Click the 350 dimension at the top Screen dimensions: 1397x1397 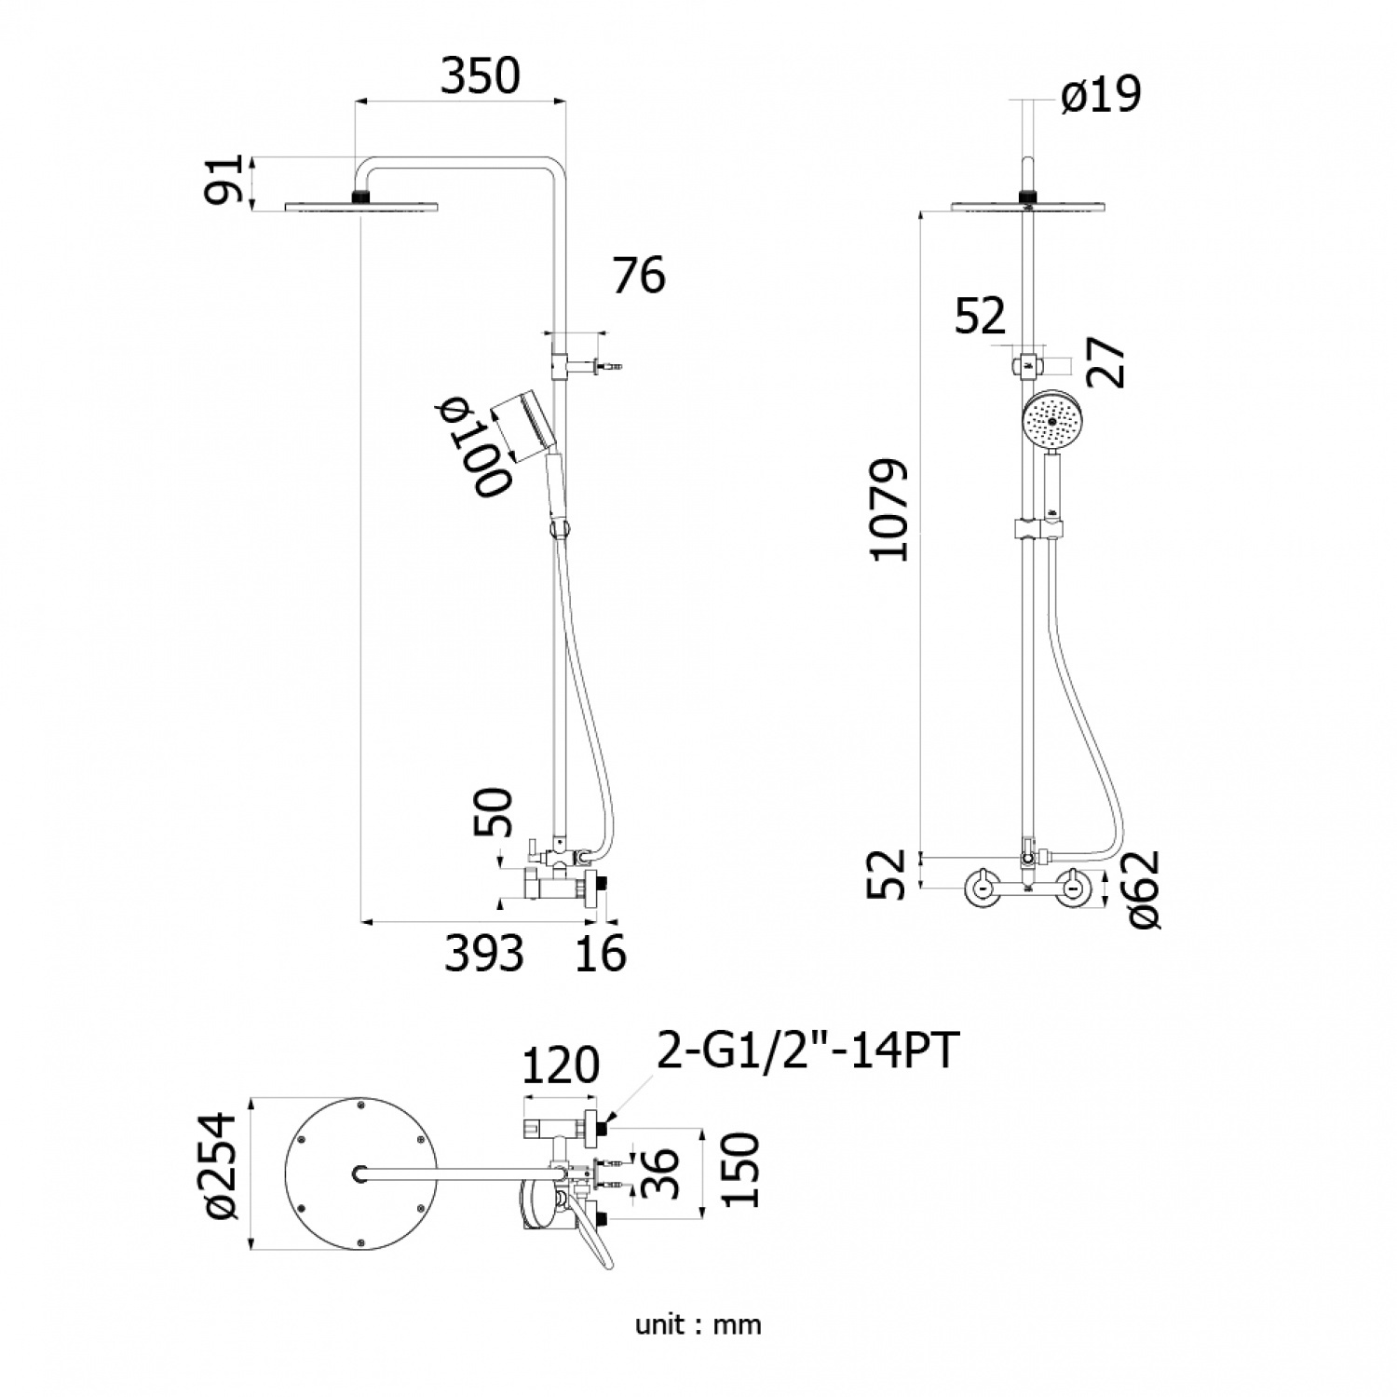(x=480, y=76)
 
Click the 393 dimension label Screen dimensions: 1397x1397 (x=483, y=953)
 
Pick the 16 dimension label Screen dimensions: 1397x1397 (x=602, y=953)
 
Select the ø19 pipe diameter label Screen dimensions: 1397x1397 (x=1101, y=95)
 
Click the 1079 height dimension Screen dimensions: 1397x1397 (x=888, y=509)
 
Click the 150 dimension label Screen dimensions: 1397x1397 (x=740, y=1170)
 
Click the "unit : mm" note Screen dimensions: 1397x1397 (x=698, y=1324)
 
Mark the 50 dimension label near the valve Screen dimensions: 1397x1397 (x=494, y=812)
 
